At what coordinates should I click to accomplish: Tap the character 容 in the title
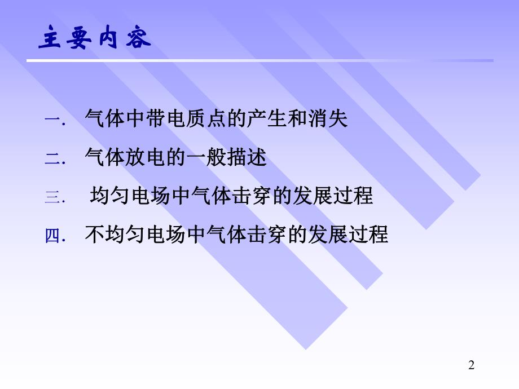click(138, 39)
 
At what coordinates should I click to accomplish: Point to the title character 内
click(109, 39)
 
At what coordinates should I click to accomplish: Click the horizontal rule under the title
click(265, 60)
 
